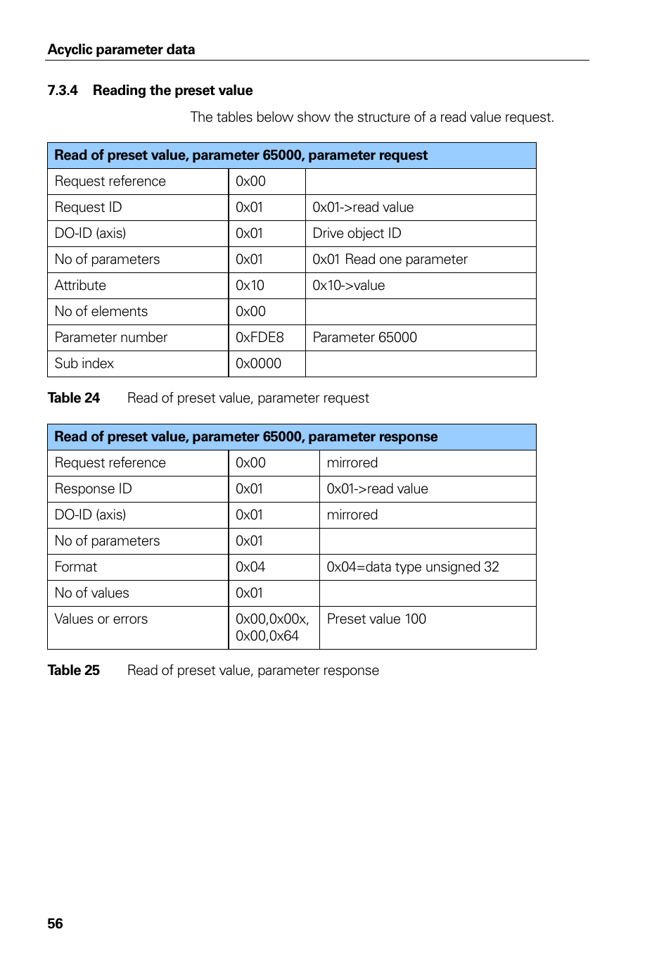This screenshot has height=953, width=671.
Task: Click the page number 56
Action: [55, 923]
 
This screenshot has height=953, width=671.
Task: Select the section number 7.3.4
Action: [63, 90]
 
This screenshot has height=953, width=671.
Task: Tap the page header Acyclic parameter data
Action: [121, 49]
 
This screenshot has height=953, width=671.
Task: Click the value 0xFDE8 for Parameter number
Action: [260, 337]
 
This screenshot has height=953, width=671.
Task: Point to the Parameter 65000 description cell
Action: [364, 337]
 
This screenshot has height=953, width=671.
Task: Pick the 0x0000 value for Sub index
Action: [258, 363]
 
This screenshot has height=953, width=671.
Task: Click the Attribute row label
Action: [80, 285]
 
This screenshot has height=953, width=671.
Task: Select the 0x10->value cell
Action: [348, 285]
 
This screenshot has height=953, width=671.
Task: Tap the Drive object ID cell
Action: [357, 233]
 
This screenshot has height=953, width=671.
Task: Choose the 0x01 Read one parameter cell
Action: [390, 259]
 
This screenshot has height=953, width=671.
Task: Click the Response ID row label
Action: [93, 488]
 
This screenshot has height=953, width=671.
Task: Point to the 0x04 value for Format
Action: [250, 567]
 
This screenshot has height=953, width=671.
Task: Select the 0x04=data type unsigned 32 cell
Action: [413, 567]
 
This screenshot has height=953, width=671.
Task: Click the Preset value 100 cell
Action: [376, 619]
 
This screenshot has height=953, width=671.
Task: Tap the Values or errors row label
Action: [101, 619]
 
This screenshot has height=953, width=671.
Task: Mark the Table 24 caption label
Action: [74, 398]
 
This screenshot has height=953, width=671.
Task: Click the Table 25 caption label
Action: [74, 670]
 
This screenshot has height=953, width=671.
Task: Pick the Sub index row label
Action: [84, 363]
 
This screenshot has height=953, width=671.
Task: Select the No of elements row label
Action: [101, 311]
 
